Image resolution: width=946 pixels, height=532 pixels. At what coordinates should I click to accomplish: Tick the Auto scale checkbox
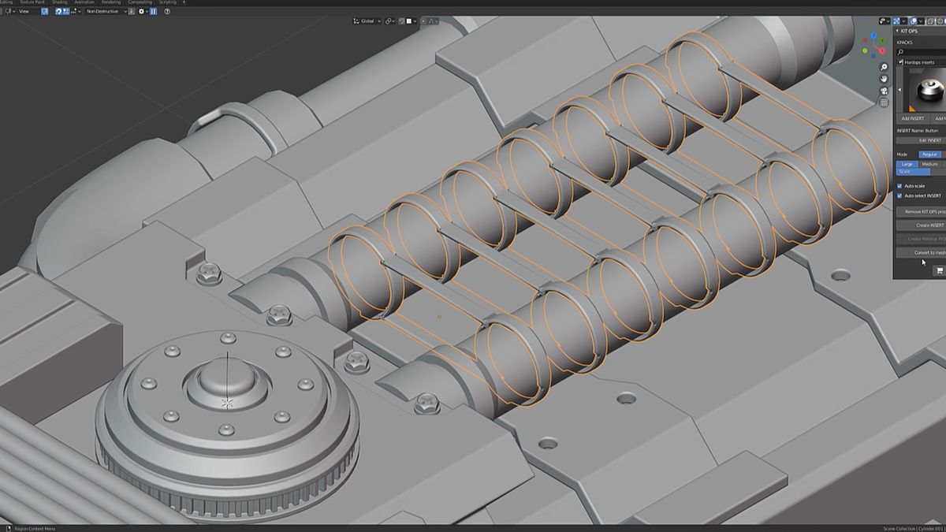900,186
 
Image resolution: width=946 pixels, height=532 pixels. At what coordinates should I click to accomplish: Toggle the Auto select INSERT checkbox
900,195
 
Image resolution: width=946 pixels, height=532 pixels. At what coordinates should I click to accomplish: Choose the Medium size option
929,164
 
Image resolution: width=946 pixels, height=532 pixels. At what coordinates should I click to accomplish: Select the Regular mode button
929,154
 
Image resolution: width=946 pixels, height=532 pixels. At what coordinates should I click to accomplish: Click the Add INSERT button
912,118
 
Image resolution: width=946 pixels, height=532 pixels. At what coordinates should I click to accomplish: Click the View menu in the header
24,12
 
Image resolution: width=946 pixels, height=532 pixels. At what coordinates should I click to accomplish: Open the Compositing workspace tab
140,2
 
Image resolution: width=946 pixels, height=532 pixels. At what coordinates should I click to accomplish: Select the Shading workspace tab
60,2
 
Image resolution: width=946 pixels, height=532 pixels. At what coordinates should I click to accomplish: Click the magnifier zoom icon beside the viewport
885,67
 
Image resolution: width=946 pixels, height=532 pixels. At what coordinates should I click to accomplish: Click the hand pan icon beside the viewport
885,79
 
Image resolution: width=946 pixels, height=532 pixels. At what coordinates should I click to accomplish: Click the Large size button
907,164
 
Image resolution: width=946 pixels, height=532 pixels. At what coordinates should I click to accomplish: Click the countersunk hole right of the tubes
841,276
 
